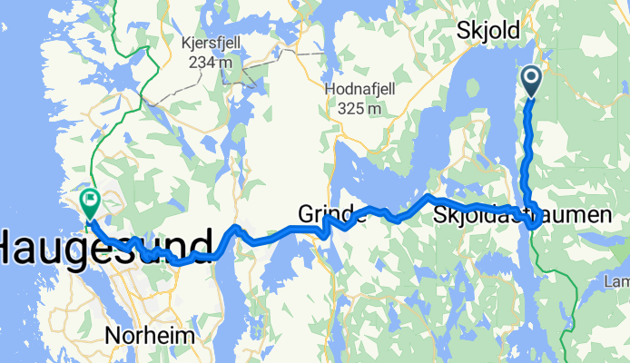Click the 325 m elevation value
[x=355, y=108]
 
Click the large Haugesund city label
[x=107, y=244]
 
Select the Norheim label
[x=150, y=335]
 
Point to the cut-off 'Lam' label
[x=617, y=282]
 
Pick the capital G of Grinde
[x=306, y=215]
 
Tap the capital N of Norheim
[x=113, y=335]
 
